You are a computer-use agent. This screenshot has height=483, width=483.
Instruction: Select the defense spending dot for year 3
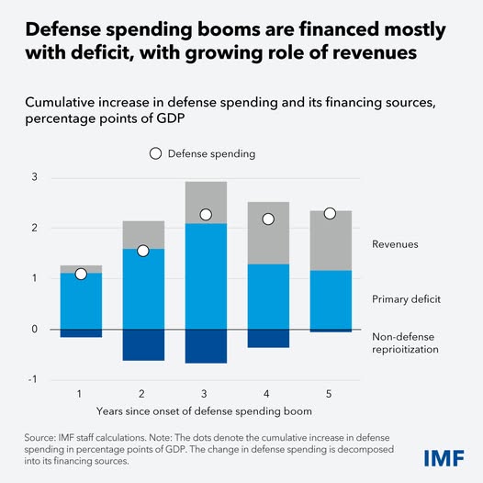(206, 215)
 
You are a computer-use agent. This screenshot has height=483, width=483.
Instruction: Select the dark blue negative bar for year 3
(206, 346)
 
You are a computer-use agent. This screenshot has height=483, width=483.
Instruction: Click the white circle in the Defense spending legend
(155, 153)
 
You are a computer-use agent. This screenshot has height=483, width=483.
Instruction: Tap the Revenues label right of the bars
(396, 244)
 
